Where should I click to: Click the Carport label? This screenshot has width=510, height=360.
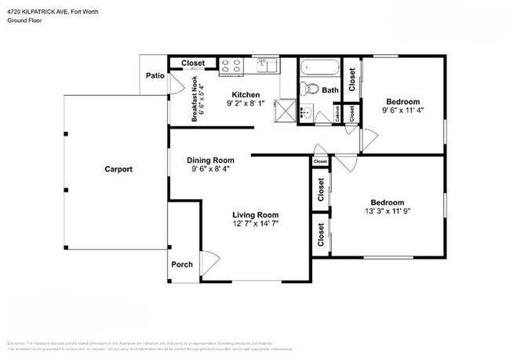119,169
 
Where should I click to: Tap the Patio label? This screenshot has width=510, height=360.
155,76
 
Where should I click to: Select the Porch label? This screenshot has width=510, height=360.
182,264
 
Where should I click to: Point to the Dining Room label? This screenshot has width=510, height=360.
210,160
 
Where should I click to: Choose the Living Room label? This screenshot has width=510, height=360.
255,215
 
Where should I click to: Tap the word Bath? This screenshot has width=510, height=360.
330,91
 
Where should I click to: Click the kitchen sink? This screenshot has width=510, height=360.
265,66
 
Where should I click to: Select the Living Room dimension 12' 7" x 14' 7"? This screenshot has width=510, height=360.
256,224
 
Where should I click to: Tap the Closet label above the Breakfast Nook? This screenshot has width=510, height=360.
193,64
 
